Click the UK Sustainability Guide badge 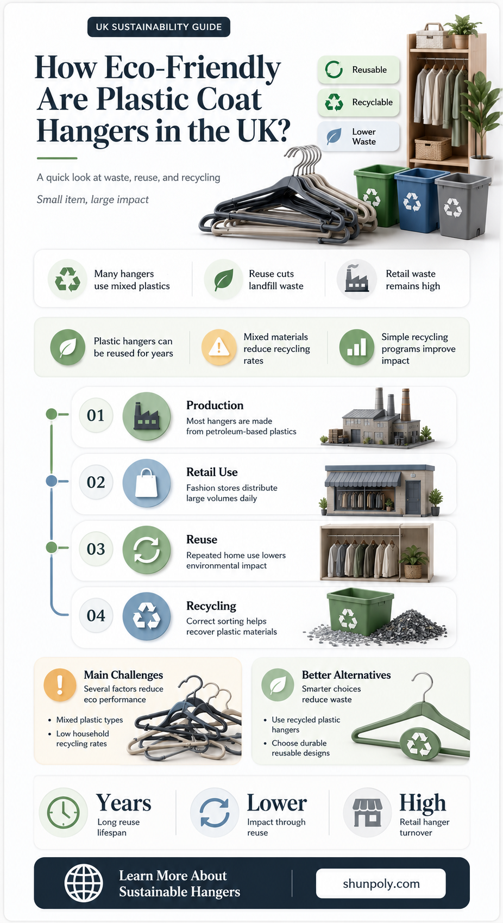(x=159, y=27)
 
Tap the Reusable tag (x=359, y=70)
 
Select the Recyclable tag (x=359, y=102)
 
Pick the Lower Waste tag (x=359, y=136)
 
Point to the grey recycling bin (x=462, y=205)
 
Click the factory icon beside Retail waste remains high (x=356, y=279)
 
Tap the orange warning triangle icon (x=218, y=348)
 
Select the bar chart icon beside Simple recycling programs (x=356, y=347)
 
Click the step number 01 (x=96, y=415)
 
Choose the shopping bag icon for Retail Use (x=147, y=483)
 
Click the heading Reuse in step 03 (x=202, y=539)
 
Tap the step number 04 (x=96, y=616)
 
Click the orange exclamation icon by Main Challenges (x=60, y=685)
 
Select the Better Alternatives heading (x=346, y=675)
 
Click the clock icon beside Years (x=64, y=812)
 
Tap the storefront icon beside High (x=368, y=812)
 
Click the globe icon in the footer (x=84, y=883)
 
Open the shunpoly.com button (x=381, y=883)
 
